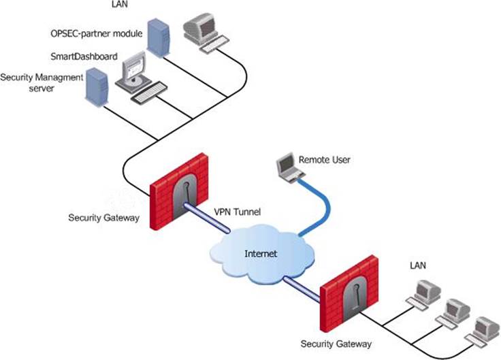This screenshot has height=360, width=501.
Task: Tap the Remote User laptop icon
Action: pos(288,168)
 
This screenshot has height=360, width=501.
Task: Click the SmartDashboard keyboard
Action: pos(149,93)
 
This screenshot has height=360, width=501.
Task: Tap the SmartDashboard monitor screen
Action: pos(137,67)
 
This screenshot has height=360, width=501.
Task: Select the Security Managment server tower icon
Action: pos(95,84)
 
